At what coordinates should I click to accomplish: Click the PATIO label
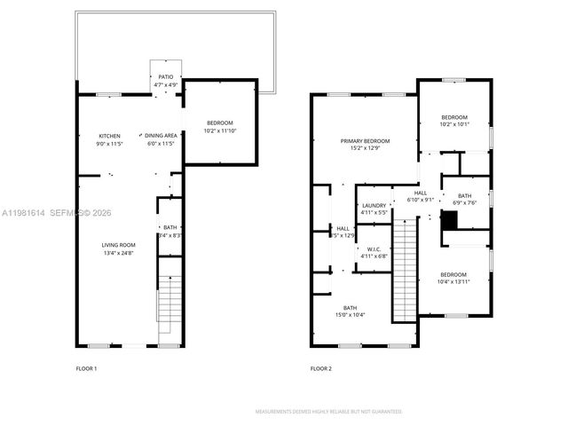click(166, 77)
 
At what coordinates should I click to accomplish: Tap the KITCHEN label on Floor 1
click(109, 135)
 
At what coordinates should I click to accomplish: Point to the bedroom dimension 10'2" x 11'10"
click(219, 130)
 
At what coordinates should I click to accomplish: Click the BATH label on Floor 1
click(170, 227)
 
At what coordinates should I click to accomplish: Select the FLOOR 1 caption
click(86, 367)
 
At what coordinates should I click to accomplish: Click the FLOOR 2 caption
click(320, 367)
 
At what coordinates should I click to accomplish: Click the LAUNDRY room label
click(374, 205)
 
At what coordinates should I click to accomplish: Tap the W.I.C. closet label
click(374, 248)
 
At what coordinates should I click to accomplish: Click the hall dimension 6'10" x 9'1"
click(420, 200)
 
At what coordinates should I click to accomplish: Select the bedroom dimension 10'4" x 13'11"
click(455, 282)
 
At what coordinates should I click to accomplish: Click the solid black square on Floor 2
click(450, 224)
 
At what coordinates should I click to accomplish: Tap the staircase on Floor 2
click(404, 271)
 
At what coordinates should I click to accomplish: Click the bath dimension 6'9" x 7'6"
click(465, 201)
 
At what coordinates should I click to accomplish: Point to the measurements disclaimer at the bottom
click(329, 412)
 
